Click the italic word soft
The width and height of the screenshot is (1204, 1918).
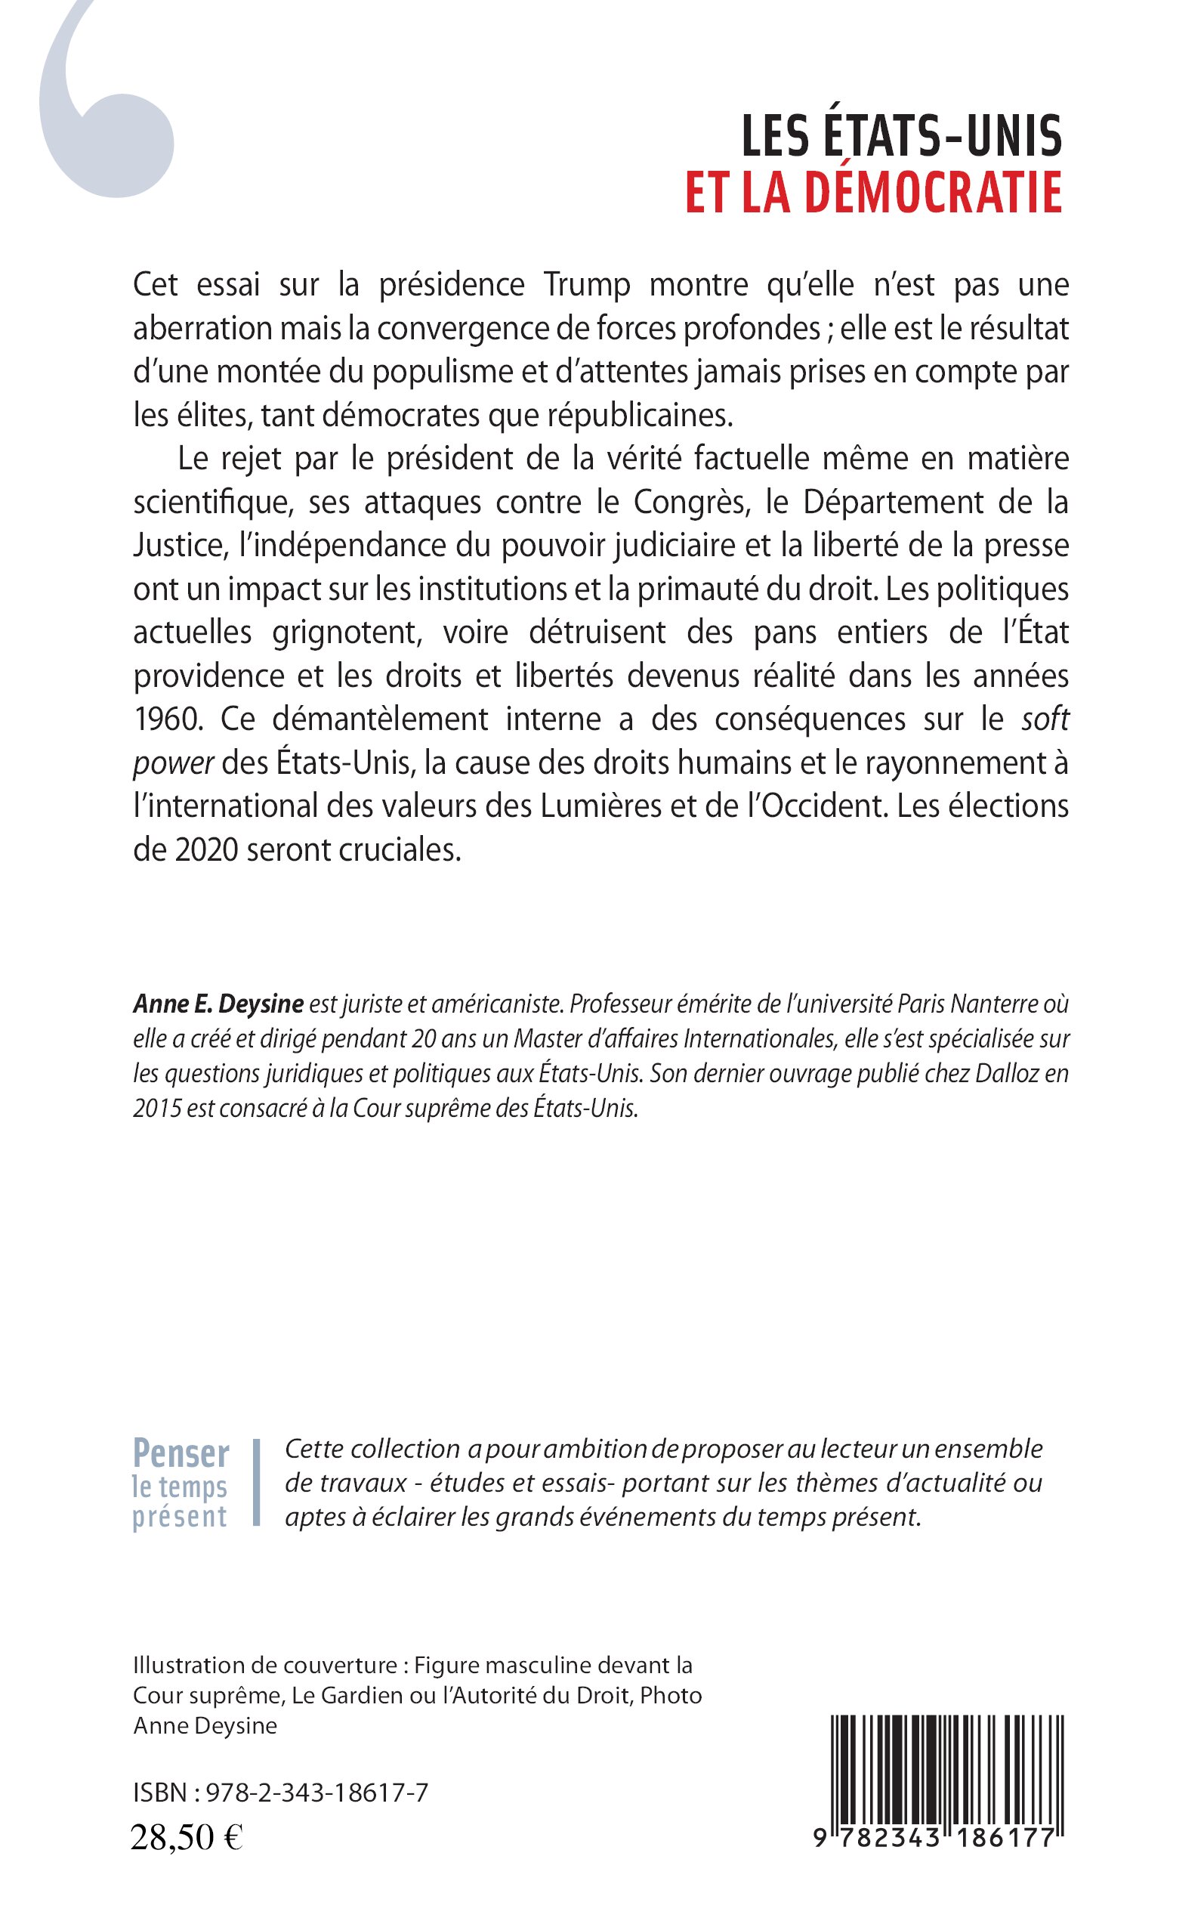(1045, 719)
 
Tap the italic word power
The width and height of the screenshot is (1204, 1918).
(173, 763)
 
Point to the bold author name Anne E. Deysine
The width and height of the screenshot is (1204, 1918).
(218, 1004)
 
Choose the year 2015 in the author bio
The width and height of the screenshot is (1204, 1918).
(156, 1108)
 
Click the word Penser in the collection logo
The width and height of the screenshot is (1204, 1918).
(181, 1455)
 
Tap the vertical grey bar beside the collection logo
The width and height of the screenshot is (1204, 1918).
(256, 1483)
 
